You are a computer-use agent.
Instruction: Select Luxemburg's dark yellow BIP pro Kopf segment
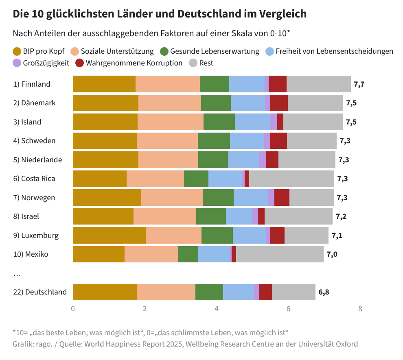tap(109, 236)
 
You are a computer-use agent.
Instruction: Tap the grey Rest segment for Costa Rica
tap(291, 179)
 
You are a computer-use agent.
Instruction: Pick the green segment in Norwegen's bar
tap(218, 198)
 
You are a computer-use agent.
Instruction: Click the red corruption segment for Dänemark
tap(279, 103)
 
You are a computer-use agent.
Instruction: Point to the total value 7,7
tap(359, 84)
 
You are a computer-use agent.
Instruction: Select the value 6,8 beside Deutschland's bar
tap(324, 292)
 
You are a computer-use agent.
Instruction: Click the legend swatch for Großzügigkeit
tap(17, 63)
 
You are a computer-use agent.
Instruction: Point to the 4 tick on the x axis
tap(217, 309)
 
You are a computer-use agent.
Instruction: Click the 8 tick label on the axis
tap(360, 309)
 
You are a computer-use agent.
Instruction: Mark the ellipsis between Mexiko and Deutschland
tap(17, 275)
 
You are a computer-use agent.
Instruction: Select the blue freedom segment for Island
tap(252, 122)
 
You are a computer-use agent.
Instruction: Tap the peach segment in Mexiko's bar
tap(151, 254)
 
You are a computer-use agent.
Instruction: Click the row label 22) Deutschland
tap(40, 292)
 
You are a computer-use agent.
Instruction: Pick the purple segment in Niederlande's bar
tap(263, 160)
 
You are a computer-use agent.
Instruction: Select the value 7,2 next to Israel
tap(341, 216)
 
